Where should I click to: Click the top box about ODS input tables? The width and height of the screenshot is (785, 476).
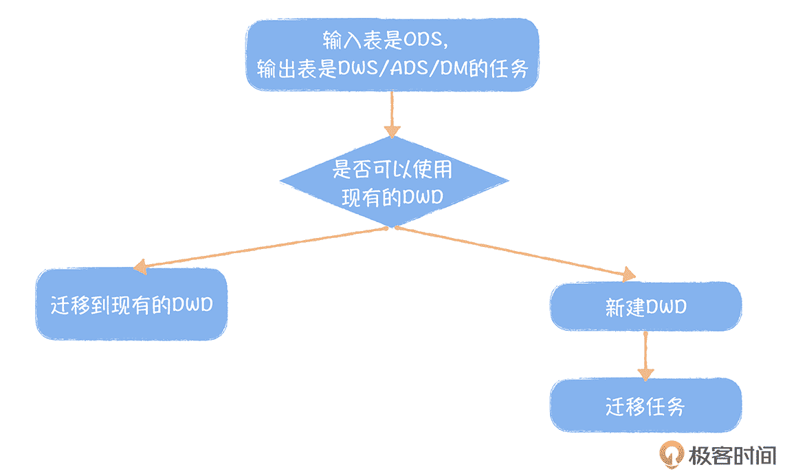(x=392, y=54)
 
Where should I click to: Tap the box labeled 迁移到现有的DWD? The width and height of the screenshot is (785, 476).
(x=131, y=304)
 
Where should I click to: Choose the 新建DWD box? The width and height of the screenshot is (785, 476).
(x=645, y=306)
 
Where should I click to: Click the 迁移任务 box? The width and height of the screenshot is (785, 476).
(x=645, y=406)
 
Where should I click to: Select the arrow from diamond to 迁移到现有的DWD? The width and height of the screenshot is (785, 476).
(x=261, y=247)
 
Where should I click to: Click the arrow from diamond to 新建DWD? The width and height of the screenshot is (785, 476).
(x=516, y=252)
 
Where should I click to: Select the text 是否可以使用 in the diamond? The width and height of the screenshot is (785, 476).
(x=392, y=169)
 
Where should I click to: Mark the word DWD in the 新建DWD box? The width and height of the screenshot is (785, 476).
(x=665, y=307)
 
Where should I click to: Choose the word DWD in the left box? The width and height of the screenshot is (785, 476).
(x=192, y=304)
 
